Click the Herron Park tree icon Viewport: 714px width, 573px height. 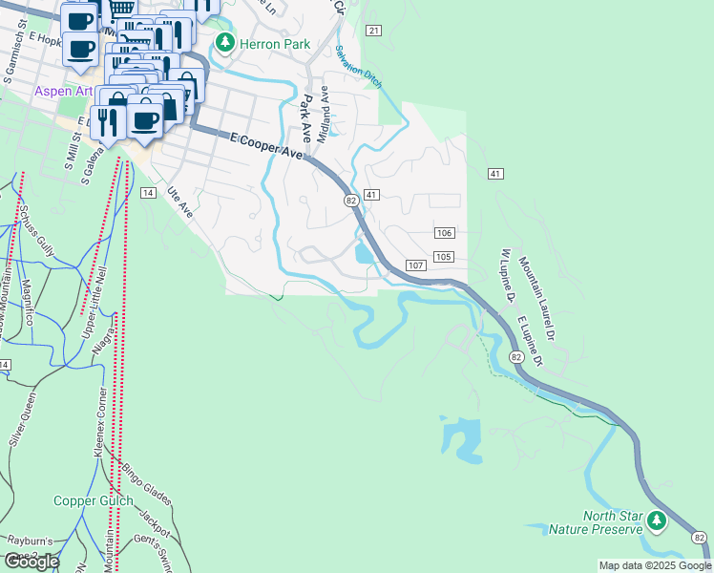pyautogui.click(x=224, y=42)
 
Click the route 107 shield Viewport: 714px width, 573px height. pyautogui.click(x=414, y=265)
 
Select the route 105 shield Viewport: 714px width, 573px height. pyautogui.click(x=443, y=257)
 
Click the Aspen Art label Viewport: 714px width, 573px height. pyautogui.click(x=64, y=92)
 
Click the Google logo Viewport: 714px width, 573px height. pyautogui.click(x=31, y=562)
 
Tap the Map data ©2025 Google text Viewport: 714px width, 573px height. pyautogui.click(x=654, y=565)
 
